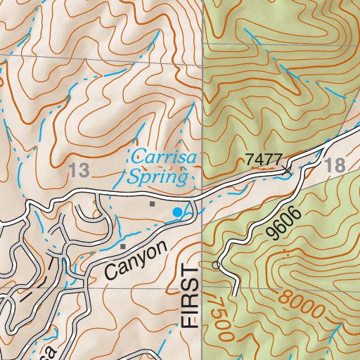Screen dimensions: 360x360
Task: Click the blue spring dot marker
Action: pyautogui.click(x=177, y=211)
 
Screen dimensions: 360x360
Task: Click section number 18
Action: pyautogui.click(x=337, y=167)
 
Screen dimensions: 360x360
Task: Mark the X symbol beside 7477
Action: pyautogui.click(x=287, y=169)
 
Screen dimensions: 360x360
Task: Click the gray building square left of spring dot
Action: pyautogui.click(x=152, y=204)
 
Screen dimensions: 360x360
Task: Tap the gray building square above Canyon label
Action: pyautogui.click(x=122, y=247)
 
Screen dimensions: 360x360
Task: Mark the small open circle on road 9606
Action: pyautogui.click(x=216, y=264)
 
